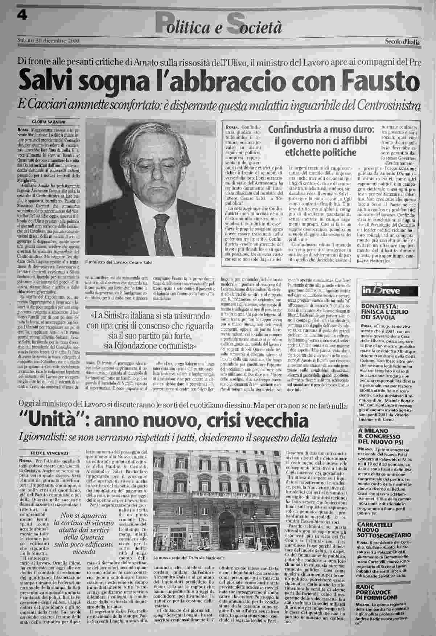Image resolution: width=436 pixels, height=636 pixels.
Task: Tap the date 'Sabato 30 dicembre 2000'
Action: (48, 41)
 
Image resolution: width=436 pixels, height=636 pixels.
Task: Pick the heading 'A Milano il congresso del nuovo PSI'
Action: (384, 437)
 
